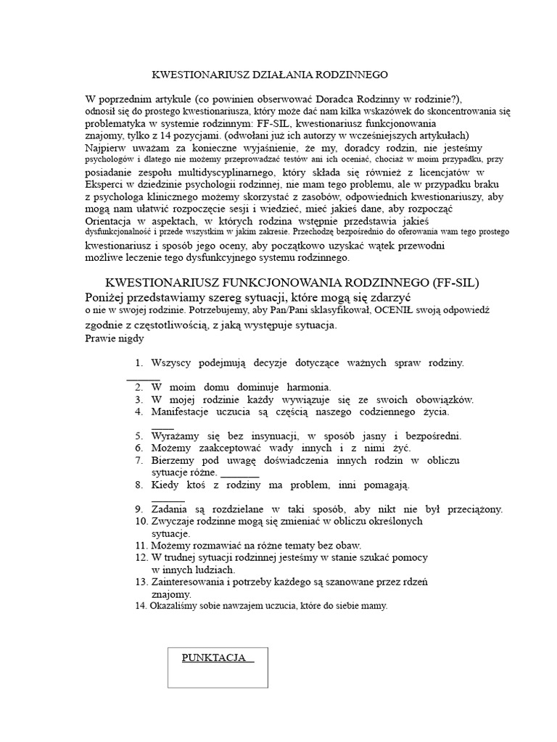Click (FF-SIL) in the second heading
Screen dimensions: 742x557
click(x=445, y=282)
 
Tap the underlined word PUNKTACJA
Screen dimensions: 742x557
click(x=218, y=658)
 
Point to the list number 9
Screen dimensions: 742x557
click(x=139, y=509)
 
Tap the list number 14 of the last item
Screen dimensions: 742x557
click(x=141, y=606)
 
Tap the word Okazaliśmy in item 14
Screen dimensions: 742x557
click(x=175, y=606)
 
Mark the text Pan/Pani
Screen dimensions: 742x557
click(x=286, y=310)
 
